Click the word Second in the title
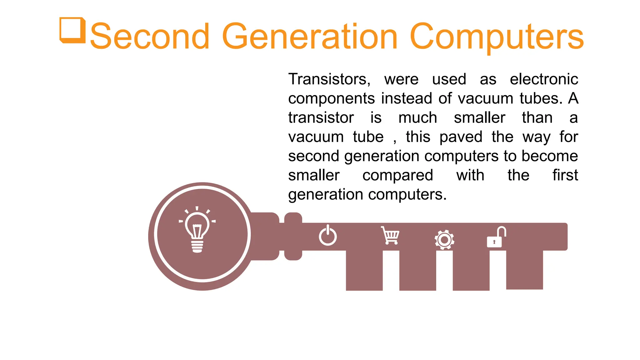point(150,37)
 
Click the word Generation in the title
point(309,37)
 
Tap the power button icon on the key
point(328,236)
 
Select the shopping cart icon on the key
point(390,235)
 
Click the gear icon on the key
point(444,240)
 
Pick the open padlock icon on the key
point(496,237)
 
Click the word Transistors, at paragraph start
point(329,79)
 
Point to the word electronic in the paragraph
point(544,79)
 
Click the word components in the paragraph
point(331,99)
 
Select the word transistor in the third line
point(321,118)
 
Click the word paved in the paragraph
point(461,137)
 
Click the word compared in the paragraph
point(397,176)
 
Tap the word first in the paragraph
point(565,175)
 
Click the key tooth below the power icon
point(364,270)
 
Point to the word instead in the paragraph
point(407,98)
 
